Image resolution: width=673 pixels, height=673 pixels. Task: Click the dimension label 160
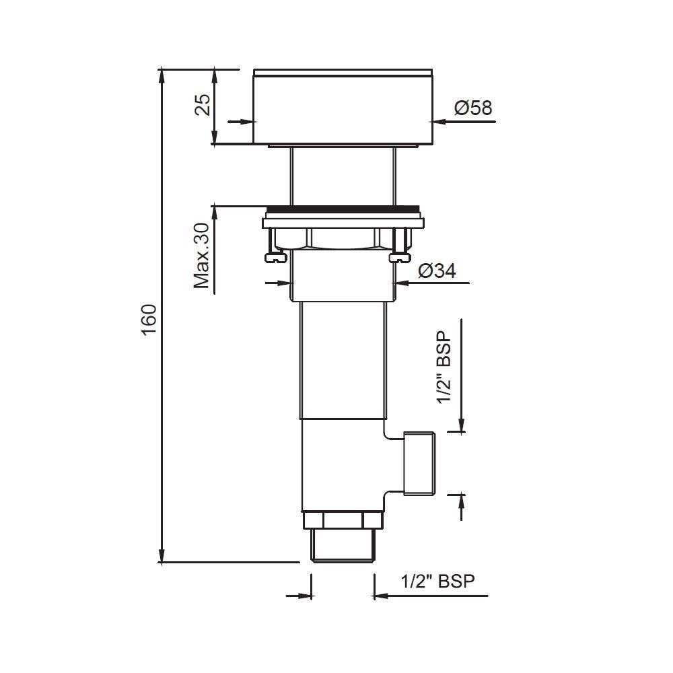pyautogui.click(x=149, y=316)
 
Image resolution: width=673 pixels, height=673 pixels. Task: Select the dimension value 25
pyautogui.click(x=203, y=106)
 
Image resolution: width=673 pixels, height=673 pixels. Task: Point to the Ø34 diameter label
pyautogui.click(x=437, y=271)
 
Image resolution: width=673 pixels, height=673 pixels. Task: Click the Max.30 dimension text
pyautogui.click(x=203, y=255)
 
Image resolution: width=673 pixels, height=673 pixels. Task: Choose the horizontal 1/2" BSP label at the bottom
pyautogui.click(x=433, y=581)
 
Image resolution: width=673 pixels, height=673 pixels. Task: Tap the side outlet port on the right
pyautogui.click(x=418, y=463)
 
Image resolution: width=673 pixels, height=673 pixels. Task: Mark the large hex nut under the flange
pyautogui.click(x=343, y=238)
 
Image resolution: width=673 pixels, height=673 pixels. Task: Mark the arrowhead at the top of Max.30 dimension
pyautogui.click(x=215, y=211)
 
